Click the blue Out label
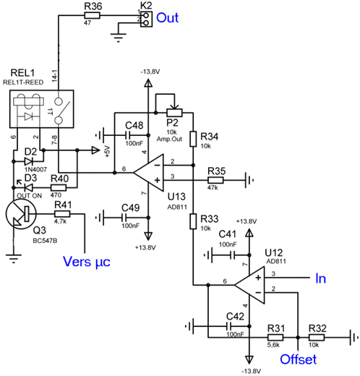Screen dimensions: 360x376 (x=168, y=18)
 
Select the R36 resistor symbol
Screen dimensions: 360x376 (x=92, y=16)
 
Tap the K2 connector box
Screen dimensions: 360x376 (x=146, y=19)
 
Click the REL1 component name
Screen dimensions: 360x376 (x=23, y=73)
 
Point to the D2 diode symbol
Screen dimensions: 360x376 (x=29, y=161)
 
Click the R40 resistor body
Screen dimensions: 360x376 (x=59, y=187)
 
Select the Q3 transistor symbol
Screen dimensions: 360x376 (x=21, y=214)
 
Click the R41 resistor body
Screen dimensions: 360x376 (x=62, y=214)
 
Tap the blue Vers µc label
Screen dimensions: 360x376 (x=87, y=262)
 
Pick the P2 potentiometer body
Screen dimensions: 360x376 (x=174, y=113)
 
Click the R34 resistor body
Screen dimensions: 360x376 (x=193, y=139)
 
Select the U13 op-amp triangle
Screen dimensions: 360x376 (x=149, y=173)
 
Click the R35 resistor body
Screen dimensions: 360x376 (x=215, y=180)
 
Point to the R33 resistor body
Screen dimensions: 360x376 (x=193, y=221)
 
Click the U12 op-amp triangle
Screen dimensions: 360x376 (x=249, y=285)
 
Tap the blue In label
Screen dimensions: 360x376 (x=320, y=278)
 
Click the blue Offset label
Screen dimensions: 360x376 (x=298, y=359)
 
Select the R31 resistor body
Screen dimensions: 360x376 (x=275, y=337)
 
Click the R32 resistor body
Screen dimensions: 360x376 (x=317, y=337)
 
